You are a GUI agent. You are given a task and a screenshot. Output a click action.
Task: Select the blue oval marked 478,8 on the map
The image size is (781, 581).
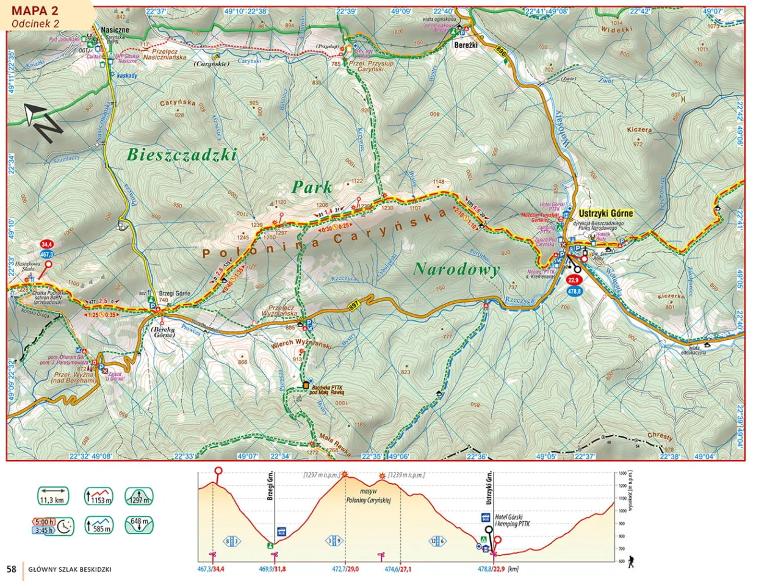(x=573, y=292)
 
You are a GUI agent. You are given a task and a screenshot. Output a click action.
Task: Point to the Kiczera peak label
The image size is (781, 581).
(x=639, y=130)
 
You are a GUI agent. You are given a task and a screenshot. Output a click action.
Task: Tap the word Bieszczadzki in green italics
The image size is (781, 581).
(x=181, y=155)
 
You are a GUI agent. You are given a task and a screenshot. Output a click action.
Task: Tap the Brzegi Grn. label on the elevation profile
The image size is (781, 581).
(x=270, y=487)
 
